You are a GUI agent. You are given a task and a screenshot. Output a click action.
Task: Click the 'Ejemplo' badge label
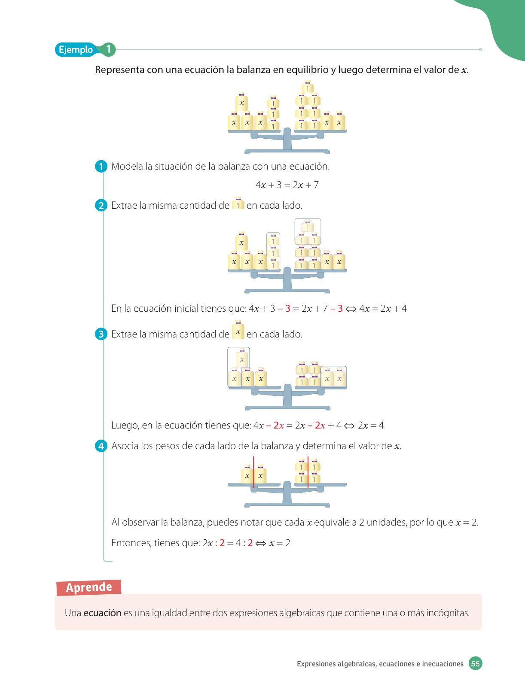coord(76,49)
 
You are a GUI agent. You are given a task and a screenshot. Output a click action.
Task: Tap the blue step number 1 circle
coord(101,166)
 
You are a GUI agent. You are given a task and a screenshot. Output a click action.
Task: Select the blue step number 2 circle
coord(101,205)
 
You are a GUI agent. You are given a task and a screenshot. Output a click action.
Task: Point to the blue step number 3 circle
coord(101,334)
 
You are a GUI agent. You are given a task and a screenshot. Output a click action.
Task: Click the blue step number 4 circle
coord(101,446)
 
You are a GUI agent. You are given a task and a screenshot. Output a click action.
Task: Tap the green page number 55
coord(475,663)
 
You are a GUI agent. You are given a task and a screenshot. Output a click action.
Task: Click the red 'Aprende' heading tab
coord(89,587)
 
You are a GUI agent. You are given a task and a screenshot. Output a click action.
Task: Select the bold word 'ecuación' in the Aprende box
coord(102,613)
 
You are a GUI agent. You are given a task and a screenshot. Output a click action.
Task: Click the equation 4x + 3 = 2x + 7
coord(287,185)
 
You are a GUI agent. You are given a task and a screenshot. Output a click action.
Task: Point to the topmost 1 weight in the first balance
coord(308,87)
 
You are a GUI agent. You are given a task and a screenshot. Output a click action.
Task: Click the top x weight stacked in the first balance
coord(241,102)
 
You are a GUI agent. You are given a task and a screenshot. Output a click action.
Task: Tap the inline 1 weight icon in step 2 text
coord(238,204)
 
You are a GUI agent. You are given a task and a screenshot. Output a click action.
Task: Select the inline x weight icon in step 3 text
coord(238,330)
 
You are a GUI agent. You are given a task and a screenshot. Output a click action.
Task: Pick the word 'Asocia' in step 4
coord(125,446)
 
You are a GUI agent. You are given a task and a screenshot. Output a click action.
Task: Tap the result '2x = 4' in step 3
coord(371,425)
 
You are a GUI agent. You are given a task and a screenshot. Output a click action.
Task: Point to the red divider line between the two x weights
coord(253,472)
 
